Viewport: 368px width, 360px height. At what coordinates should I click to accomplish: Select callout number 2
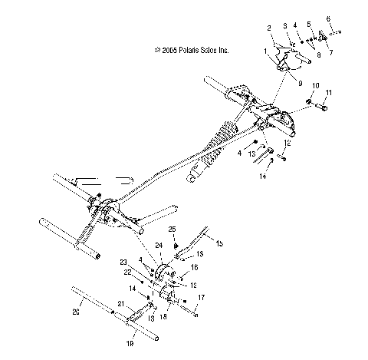(270, 28)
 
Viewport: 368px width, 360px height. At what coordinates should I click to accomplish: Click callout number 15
(219, 244)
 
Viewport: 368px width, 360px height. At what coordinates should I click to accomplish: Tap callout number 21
(120, 304)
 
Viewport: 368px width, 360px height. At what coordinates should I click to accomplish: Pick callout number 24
(159, 246)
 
